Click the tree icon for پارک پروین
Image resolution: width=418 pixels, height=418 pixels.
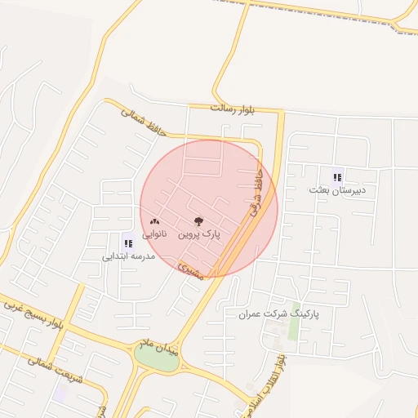coord(199,221)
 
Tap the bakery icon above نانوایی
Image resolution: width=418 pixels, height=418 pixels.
coord(154,221)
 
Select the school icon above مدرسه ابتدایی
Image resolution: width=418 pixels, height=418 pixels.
coord(127,242)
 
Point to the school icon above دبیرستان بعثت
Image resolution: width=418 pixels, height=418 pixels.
coord(337,176)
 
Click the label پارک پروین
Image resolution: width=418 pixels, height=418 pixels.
coord(199,234)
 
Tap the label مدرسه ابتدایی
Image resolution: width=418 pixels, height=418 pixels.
coord(128,256)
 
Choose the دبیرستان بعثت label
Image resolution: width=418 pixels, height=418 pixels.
coord(338,189)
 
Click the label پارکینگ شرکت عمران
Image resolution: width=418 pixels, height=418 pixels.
coord(278,313)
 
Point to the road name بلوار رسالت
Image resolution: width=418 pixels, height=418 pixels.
coord(233,109)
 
